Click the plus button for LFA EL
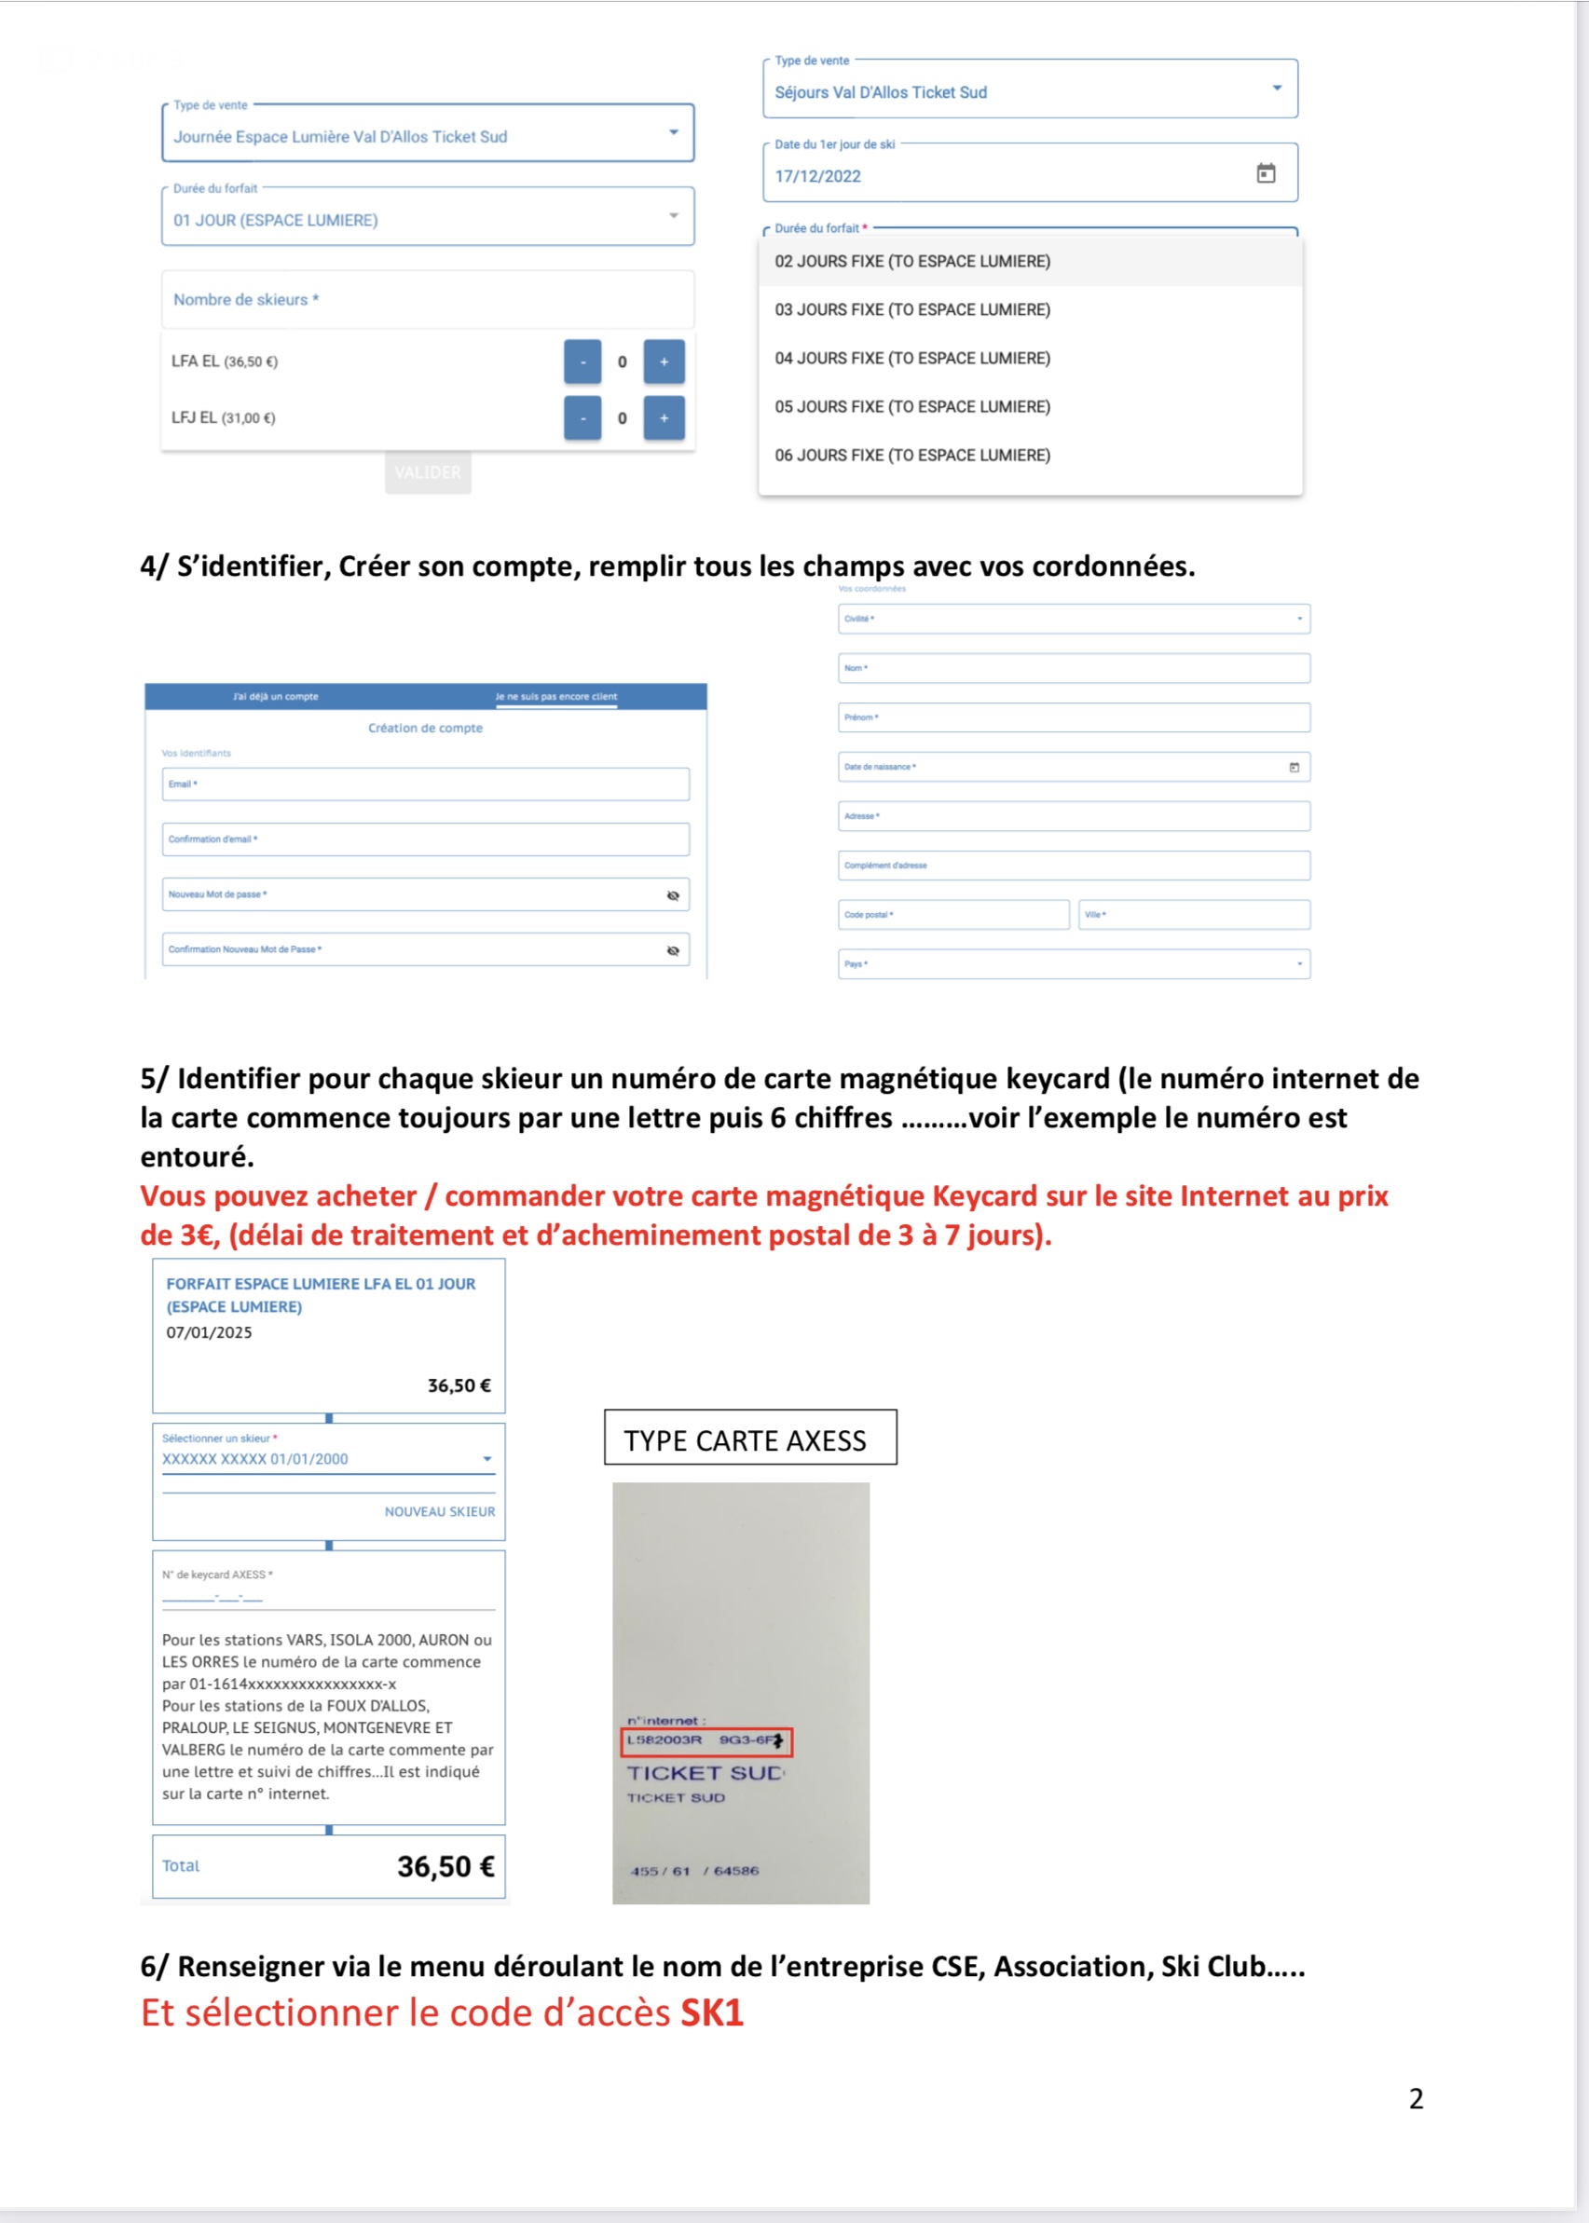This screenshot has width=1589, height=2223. point(664,361)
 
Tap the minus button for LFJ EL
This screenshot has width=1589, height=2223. point(582,418)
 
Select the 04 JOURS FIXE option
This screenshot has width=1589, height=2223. point(911,358)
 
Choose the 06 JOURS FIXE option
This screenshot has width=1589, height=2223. point(911,455)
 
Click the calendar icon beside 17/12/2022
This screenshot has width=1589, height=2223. point(1265,174)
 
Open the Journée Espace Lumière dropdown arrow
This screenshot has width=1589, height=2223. point(673,133)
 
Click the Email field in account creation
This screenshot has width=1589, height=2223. point(426,784)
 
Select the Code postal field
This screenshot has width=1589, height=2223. point(953,914)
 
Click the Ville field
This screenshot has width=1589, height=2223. point(1194,914)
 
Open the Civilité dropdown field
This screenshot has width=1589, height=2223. point(1074,619)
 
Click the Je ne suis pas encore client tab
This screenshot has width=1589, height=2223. point(555,696)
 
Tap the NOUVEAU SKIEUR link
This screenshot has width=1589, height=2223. point(439,1512)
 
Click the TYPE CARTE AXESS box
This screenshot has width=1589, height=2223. point(749,1438)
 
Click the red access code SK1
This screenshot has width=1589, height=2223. point(712,2012)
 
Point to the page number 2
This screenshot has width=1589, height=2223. point(1416,2099)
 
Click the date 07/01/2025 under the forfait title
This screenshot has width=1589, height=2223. point(210,1333)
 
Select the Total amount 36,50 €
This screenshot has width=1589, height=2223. point(445,1867)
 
